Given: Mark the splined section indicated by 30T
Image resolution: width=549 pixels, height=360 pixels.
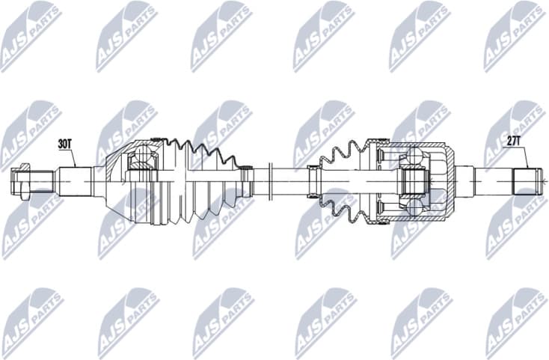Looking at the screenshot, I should [76, 180].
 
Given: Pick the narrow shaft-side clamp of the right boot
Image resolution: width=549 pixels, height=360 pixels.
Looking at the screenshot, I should [313, 180].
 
